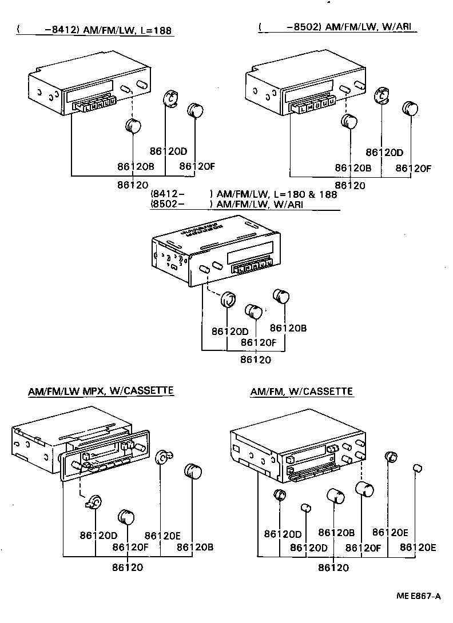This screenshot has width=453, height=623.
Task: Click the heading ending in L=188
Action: (94, 30)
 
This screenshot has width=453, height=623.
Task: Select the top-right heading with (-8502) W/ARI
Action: (337, 27)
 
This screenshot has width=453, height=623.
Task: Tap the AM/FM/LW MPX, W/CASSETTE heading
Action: (101, 391)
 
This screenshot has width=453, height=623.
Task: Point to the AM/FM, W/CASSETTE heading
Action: (301, 392)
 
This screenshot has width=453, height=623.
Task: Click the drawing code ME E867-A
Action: (419, 596)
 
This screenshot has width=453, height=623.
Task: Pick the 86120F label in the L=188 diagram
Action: (196, 166)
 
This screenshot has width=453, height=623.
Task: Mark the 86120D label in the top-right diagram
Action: (384, 153)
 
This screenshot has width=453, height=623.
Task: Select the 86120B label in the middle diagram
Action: (288, 328)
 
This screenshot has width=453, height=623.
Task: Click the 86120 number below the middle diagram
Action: (255, 360)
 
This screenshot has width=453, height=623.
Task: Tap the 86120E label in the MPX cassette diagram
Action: (162, 536)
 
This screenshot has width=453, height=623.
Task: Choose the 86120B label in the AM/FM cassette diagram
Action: (336, 533)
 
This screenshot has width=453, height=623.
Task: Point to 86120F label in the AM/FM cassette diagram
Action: (363, 547)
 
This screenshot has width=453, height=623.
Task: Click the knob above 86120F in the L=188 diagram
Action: (196, 109)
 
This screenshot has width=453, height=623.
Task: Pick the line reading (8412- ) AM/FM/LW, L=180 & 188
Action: (243, 194)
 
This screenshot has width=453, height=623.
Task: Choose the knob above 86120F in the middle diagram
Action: (253, 311)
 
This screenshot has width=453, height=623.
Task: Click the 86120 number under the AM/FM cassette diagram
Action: (333, 568)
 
